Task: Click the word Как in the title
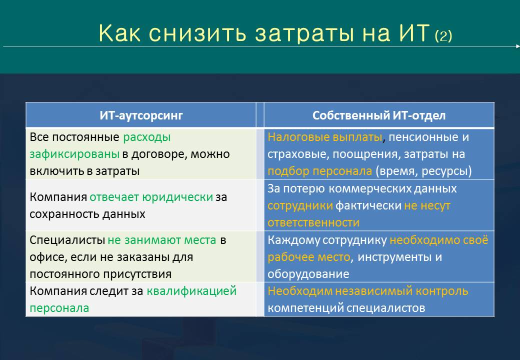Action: (x=119, y=33)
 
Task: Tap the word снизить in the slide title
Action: (x=197, y=33)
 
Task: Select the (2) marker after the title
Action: (x=443, y=36)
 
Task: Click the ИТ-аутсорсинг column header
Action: (x=141, y=115)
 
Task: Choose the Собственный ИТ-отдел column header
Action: (x=379, y=115)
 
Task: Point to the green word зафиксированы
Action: (x=74, y=154)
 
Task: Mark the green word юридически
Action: (x=177, y=197)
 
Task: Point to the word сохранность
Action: (x=64, y=214)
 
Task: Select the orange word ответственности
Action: (x=313, y=222)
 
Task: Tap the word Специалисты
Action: (x=67, y=240)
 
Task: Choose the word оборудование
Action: (x=308, y=274)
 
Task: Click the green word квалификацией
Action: (x=191, y=291)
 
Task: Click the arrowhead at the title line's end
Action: (x=518, y=46)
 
